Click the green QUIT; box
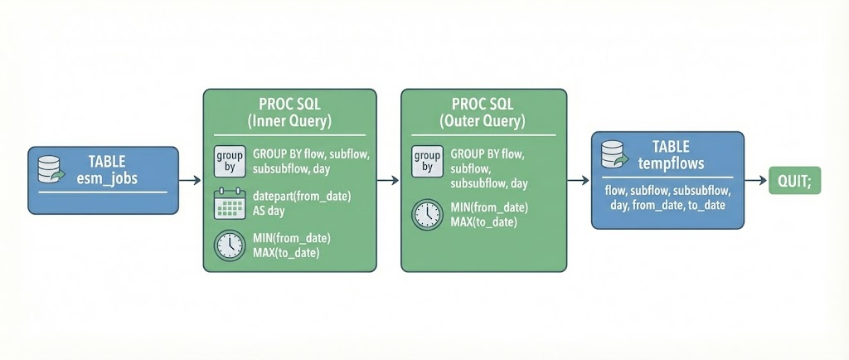tap(794, 180)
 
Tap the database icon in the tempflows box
tap(613, 153)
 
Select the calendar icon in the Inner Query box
tap(228, 203)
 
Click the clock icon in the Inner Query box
tap(228, 246)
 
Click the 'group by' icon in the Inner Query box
tap(228, 160)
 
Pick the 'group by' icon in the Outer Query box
tap(426, 160)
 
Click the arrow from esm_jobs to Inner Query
tap(190, 180)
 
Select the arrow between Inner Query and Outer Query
tap(388, 180)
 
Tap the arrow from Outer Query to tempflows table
tap(579, 180)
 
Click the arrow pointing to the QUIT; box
tap(755, 180)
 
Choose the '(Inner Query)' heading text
tap(289, 121)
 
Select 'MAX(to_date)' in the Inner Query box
tap(286, 252)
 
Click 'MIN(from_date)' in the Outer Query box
tap(490, 207)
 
